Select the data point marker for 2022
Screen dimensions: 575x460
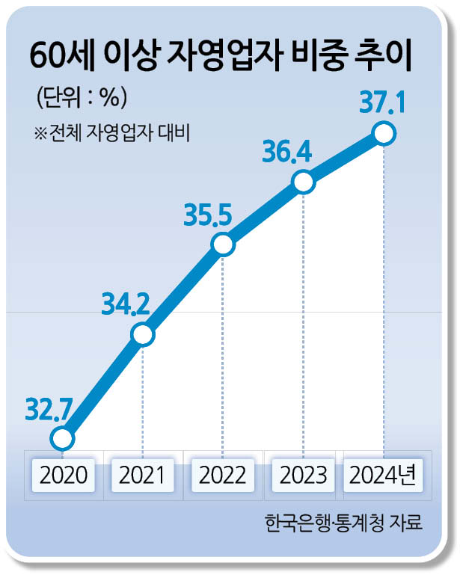[222, 244]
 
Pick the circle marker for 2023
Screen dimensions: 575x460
[302, 182]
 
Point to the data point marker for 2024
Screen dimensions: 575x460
[383, 134]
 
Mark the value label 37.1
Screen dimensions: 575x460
[381, 102]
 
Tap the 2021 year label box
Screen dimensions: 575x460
[143, 475]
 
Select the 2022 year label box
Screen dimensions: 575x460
[223, 475]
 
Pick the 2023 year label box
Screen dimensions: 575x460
[302, 475]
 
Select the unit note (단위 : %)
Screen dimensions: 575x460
[81, 97]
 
